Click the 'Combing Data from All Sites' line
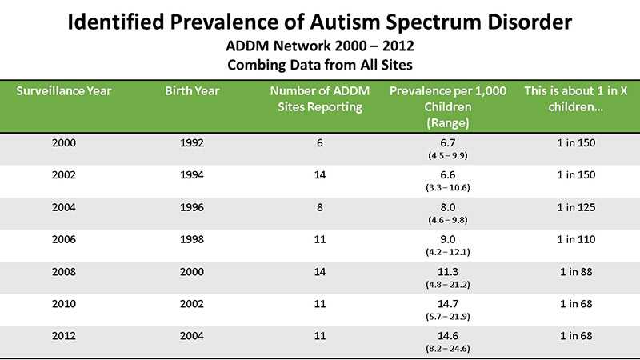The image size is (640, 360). pos(319,63)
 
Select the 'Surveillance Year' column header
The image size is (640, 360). pos(64,90)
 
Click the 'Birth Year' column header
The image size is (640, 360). pos(192,90)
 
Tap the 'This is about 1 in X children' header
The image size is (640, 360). pos(575,98)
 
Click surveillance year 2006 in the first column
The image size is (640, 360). pos(64,238)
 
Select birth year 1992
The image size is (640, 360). pos(192,142)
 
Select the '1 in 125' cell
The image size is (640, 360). pos(575,206)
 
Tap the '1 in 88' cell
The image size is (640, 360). pos(575,270)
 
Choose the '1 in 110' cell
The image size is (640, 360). pos(575,238)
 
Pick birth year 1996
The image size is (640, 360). pos(192,206)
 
